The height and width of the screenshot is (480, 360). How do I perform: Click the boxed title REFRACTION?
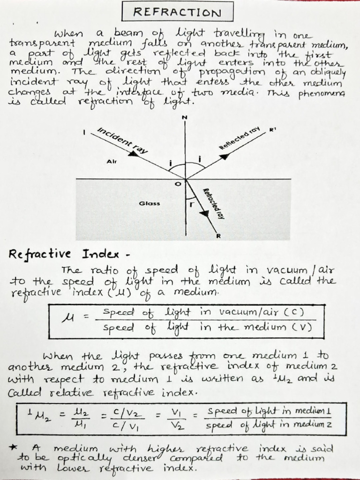tap(177, 12)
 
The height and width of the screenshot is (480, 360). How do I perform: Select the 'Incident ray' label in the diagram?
tap(122, 141)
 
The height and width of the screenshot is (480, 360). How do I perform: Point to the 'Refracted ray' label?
tap(212, 203)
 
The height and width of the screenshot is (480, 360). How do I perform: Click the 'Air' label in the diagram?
tap(112, 161)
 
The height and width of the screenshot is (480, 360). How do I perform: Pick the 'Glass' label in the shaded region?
tap(149, 203)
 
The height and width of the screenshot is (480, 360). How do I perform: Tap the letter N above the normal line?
tap(185, 117)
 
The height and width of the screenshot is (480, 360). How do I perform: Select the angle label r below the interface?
tap(191, 205)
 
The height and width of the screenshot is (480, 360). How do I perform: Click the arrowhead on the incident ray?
tap(134, 153)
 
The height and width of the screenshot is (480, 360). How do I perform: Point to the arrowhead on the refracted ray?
tap(204, 213)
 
